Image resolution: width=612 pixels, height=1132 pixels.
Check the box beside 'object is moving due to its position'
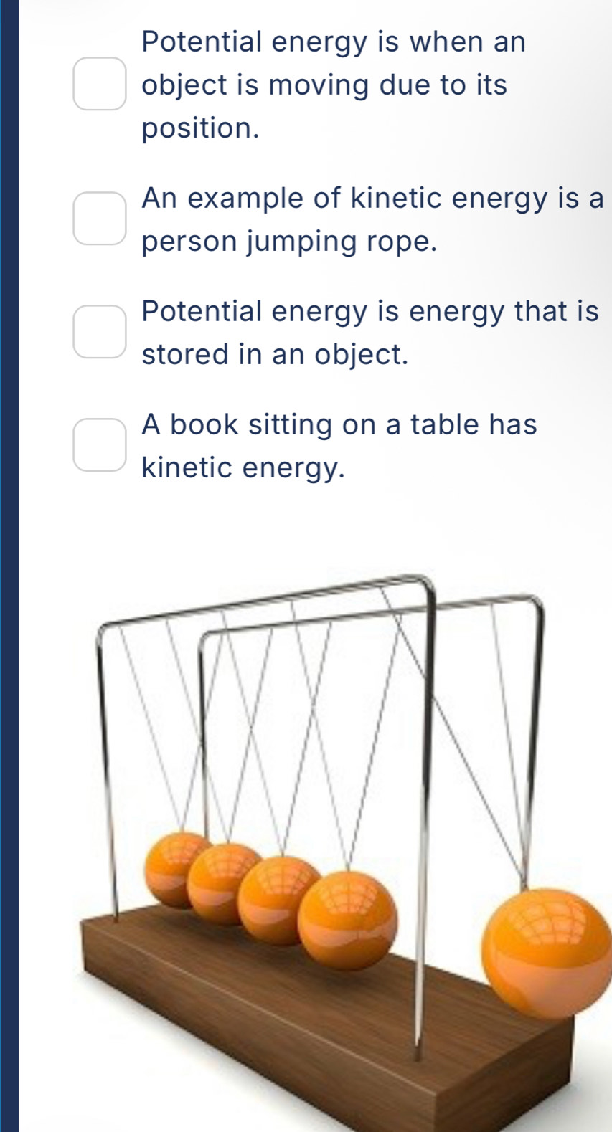click(x=100, y=85)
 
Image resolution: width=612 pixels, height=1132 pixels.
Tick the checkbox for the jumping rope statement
click(x=100, y=219)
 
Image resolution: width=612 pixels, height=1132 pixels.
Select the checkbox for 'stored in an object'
click(x=100, y=331)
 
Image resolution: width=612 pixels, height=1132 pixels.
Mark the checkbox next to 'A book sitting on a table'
click(x=100, y=445)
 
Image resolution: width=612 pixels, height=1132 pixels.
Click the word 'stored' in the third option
click(x=184, y=354)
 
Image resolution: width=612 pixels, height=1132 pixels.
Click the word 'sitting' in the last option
click(x=291, y=424)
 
